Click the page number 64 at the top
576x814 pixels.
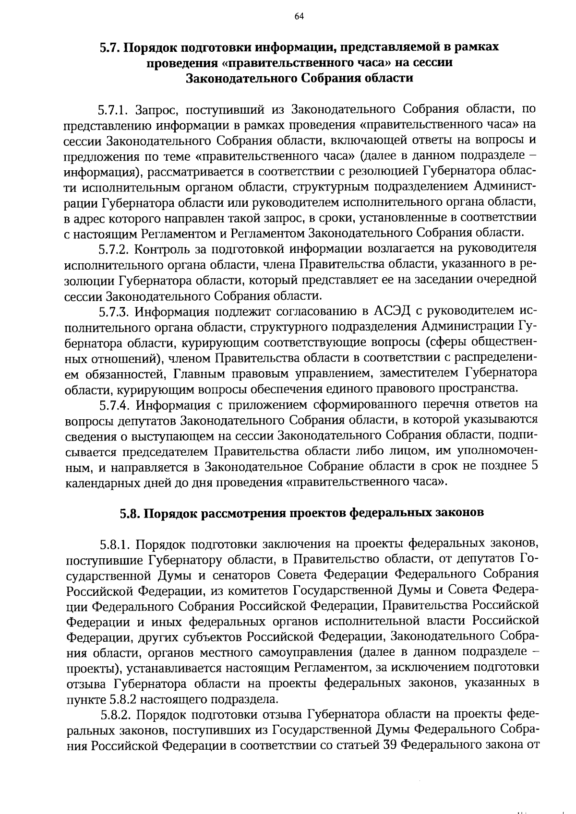[299, 17]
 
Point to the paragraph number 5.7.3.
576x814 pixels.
[113, 312]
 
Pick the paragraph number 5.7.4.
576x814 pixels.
[113, 405]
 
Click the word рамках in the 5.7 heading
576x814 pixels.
[477, 47]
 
